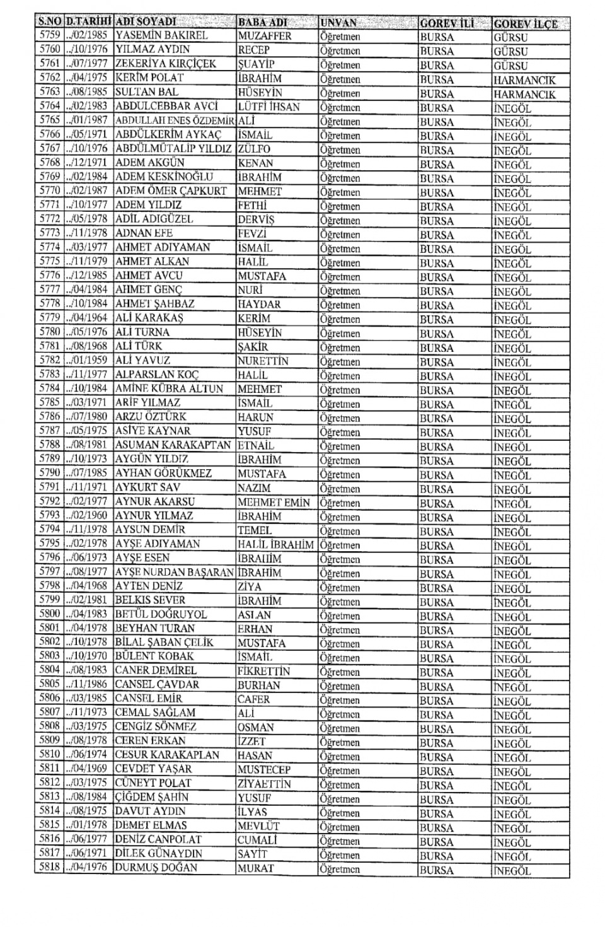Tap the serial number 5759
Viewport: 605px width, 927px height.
tap(49, 36)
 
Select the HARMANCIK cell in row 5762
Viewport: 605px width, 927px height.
tap(524, 80)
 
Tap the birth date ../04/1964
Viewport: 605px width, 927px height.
tap(88, 318)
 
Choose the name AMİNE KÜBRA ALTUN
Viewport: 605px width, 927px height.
tap(169, 389)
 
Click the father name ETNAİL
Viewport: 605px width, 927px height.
tap(256, 445)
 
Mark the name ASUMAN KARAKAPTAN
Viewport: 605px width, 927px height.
tap(173, 445)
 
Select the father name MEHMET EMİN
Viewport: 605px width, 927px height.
tap(274, 503)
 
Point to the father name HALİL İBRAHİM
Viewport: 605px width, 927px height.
tap(275, 545)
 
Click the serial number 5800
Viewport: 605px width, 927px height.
tap(49, 614)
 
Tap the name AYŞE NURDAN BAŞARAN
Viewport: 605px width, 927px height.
tap(175, 573)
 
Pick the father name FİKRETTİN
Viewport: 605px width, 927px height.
tap(263, 671)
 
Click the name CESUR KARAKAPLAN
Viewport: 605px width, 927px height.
tap(167, 755)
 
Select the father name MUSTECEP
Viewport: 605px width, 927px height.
tap(263, 769)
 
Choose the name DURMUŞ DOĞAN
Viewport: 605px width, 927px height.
tap(156, 868)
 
